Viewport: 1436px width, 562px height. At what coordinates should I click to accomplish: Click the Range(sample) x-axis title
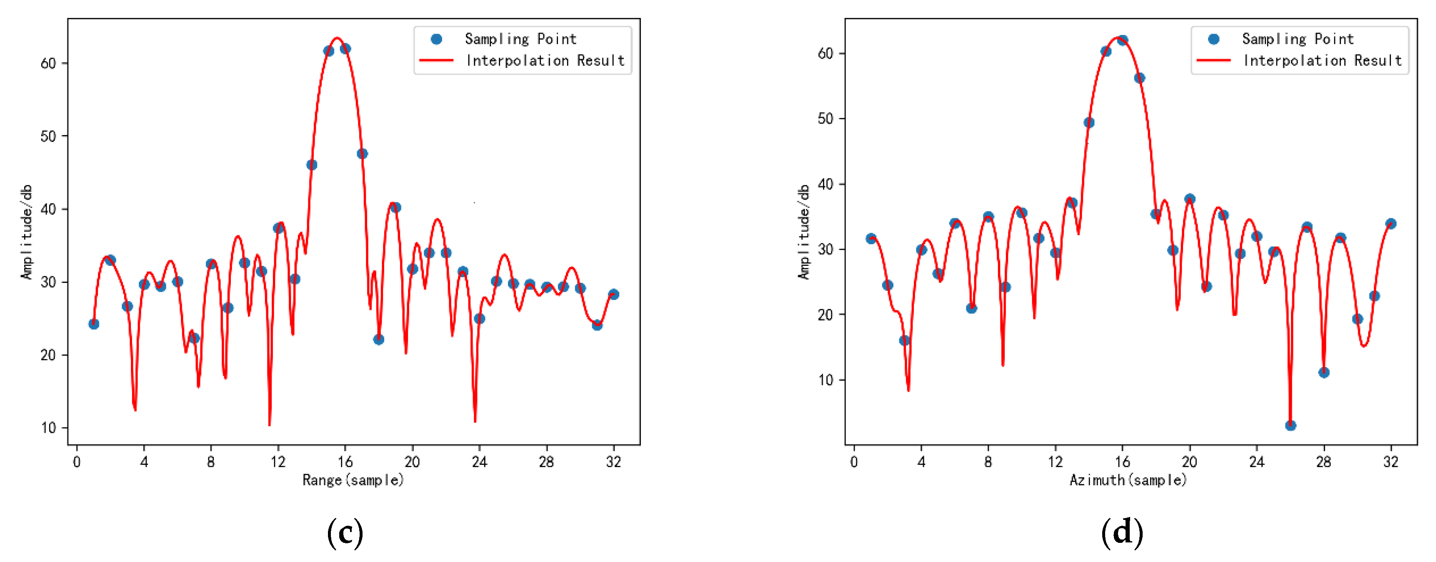353,480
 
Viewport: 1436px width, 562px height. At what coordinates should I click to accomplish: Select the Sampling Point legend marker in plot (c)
436,39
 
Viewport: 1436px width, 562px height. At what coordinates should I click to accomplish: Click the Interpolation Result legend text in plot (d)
1322,60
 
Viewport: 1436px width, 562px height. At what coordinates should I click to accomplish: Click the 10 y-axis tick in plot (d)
826,380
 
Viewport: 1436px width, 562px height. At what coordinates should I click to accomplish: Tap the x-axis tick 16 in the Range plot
345,462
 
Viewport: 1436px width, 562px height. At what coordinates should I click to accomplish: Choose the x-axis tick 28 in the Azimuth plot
1323,462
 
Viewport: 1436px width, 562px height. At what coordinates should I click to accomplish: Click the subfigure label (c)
345,532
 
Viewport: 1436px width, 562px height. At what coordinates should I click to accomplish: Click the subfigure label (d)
1122,532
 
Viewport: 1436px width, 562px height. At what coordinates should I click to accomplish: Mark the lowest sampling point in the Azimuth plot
1291,425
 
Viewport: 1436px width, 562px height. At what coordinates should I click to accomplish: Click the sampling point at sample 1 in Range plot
94,324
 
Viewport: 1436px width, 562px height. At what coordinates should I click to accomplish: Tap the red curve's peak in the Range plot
337,38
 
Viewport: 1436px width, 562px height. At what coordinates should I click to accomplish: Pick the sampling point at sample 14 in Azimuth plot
1089,122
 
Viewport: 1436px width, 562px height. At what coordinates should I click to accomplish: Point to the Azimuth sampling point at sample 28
1324,372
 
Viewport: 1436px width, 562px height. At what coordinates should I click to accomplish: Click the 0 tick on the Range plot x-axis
77,462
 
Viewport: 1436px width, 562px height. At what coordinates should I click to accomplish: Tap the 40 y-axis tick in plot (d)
826,184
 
